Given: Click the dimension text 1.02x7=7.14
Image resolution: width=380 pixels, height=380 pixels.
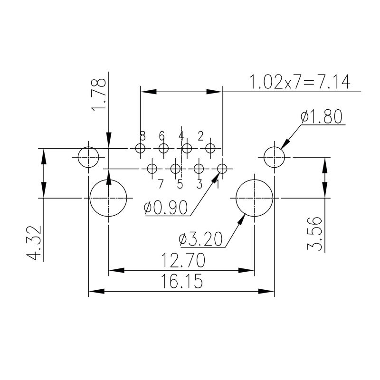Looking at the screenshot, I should point(300,82).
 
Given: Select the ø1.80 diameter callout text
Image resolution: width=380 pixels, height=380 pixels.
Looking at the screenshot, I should point(322,116).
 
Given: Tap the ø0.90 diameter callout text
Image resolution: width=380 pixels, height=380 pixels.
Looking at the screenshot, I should point(166,208).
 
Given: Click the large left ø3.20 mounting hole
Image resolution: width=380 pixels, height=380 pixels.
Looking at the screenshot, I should point(109,198).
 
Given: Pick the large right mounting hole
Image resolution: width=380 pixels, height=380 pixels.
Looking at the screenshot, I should point(255,198).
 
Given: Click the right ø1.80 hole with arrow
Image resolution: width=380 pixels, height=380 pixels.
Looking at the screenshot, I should point(274,157).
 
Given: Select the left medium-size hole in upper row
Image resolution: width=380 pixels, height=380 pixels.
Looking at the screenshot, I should point(88,157).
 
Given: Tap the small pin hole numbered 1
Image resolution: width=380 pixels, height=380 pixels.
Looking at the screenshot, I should point(222,169).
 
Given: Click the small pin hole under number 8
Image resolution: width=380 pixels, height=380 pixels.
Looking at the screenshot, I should point(140,149).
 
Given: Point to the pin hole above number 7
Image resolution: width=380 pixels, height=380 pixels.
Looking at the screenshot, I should point(152,169).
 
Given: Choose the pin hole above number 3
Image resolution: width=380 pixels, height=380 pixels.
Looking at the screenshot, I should point(199,169).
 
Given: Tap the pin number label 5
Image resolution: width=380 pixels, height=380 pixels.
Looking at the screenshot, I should point(180,184).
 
